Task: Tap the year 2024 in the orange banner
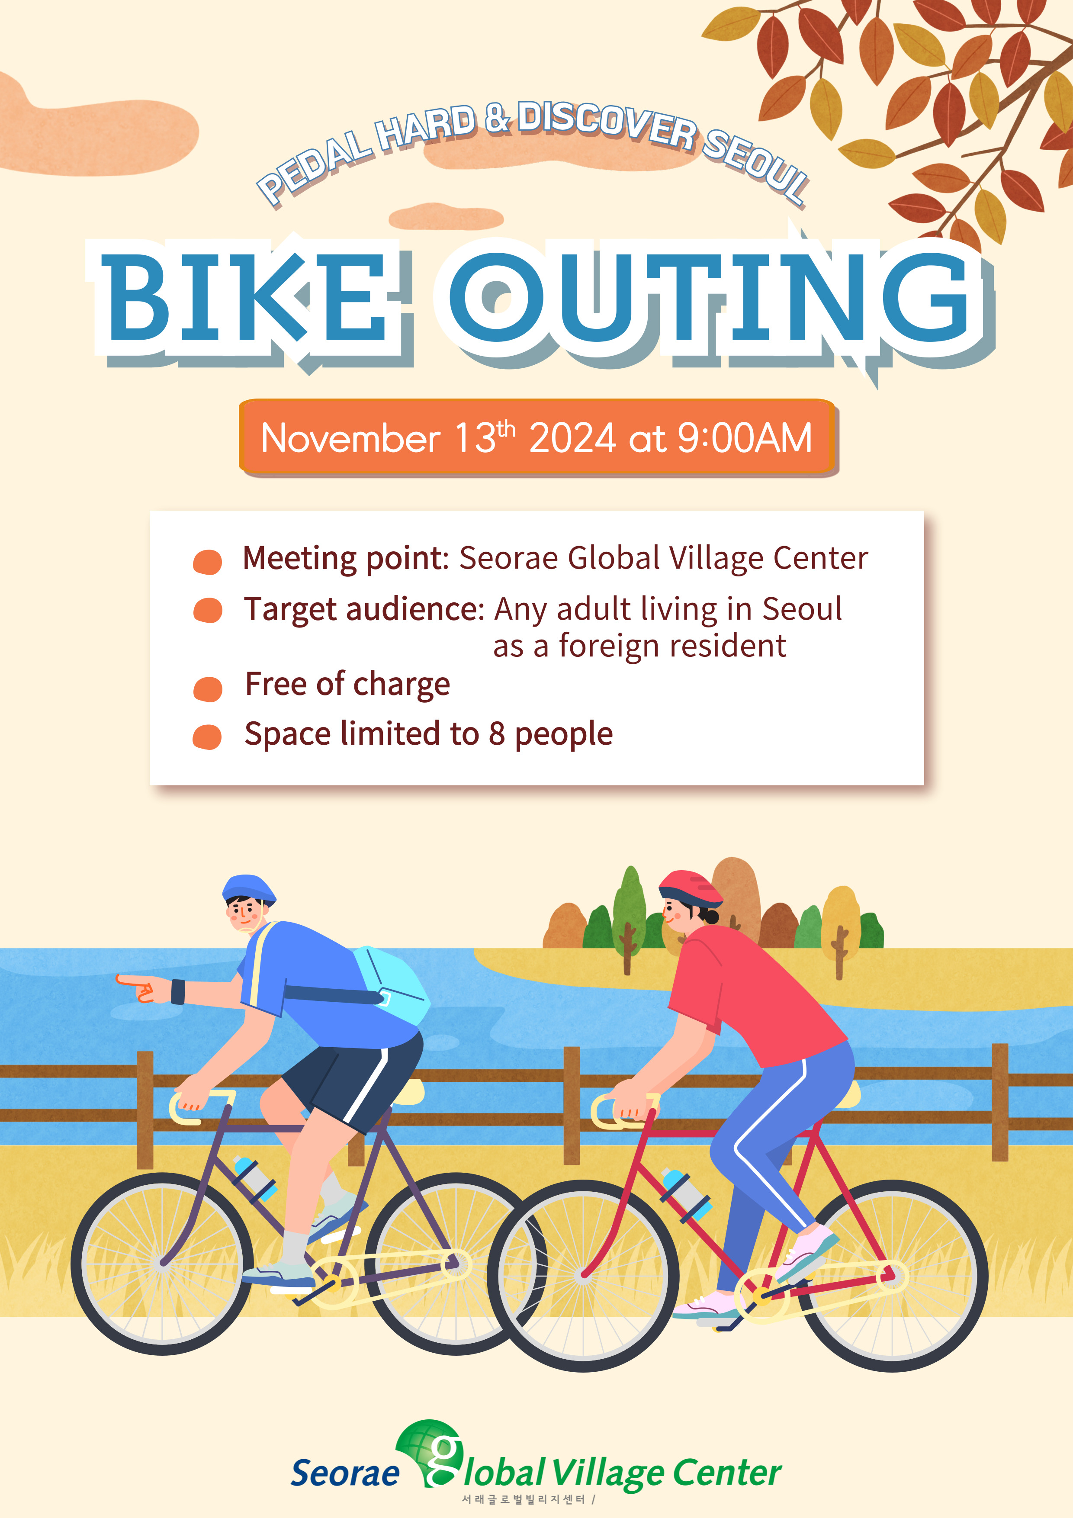[572, 437]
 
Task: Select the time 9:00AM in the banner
[745, 437]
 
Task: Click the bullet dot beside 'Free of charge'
[208, 689]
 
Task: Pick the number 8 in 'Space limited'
[497, 734]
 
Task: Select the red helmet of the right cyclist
[691, 888]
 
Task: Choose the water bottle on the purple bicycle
[254, 1178]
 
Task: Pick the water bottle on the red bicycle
[686, 1194]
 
